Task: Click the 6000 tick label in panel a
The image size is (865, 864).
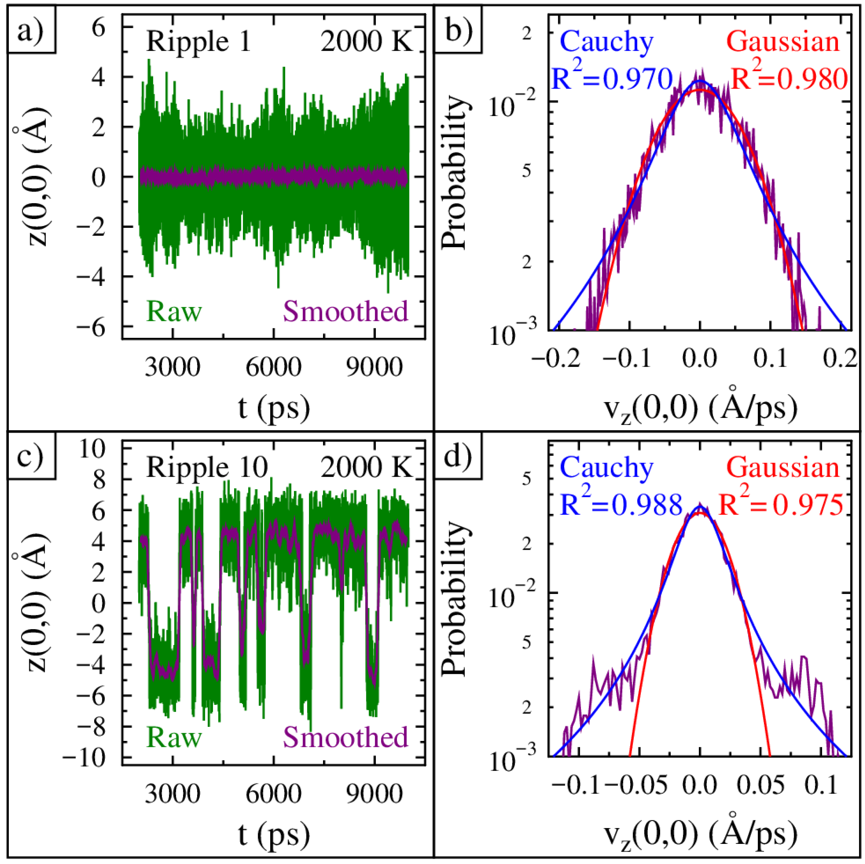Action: [x=274, y=367]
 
